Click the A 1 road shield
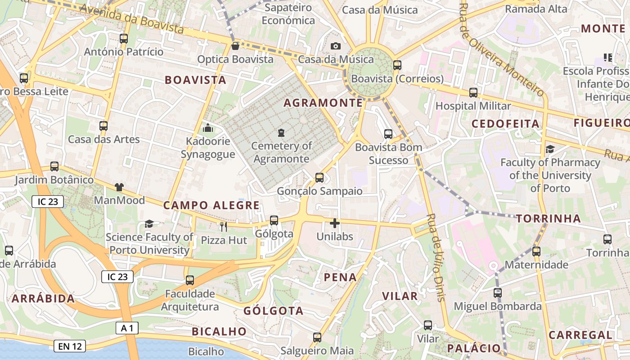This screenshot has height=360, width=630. (x=126, y=328)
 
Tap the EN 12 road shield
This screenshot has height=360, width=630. (x=70, y=346)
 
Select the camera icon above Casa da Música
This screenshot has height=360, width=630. (x=335, y=46)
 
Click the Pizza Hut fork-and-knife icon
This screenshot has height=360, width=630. (x=224, y=226)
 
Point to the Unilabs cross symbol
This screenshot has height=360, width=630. (x=334, y=223)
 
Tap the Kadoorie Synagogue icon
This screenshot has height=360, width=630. (x=208, y=128)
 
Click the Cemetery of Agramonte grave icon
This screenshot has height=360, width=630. (x=281, y=132)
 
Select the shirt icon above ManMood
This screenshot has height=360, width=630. (x=119, y=187)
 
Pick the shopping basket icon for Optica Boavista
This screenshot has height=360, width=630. (x=235, y=46)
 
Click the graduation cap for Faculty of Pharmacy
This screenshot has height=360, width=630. (x=549, y=149)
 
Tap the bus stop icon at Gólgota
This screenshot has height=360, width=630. (x=274, y=220)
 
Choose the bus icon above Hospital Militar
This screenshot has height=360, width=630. (x=473, y=93)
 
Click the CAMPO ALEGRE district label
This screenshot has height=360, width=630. (x=211, y=206)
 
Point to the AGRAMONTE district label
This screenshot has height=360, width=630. (x=323, y=103)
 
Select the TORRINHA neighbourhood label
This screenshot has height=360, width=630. (x=549, y=219)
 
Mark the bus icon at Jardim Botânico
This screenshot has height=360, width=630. (x=54, y=166)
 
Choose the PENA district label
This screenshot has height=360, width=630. (x=341, y=277)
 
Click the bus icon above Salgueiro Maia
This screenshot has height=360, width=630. (x=317, y=337)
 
